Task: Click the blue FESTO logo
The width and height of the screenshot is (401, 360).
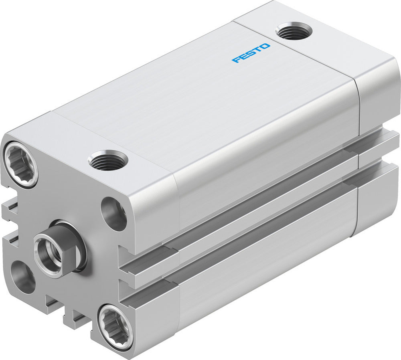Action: (x=251, y=53)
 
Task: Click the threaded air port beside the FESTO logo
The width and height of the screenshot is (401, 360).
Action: (x=294, y=31)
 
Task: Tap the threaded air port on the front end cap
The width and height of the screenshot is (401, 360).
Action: (x=107, y=160)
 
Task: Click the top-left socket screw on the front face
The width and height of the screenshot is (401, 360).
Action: (x=20, y=164)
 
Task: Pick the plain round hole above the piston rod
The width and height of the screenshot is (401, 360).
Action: (x=114, y=214)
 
